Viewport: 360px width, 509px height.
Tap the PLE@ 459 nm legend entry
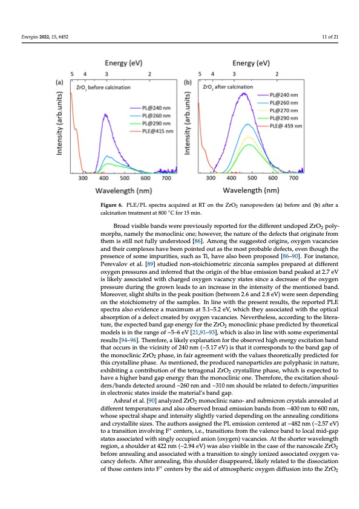(283, 126)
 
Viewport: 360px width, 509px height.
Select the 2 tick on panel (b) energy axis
(277, 73)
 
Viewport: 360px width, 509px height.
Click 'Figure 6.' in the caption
(112, 206)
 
